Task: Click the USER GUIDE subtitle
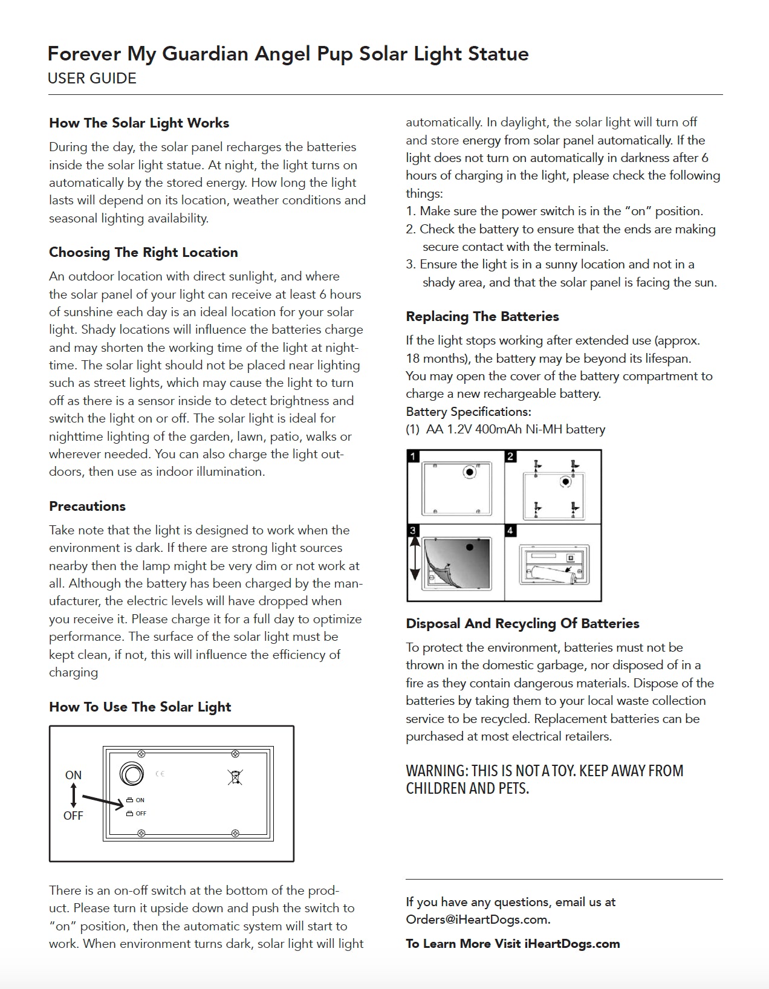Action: click(x=92, y=79)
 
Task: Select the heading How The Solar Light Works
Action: click(x=139, y=123)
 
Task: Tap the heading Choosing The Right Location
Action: click(x=143, y=253)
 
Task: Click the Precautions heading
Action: click(x=87, y=507)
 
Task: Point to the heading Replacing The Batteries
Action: click(x=482, y=317)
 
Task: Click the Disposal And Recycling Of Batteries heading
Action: click(x=522, y=624)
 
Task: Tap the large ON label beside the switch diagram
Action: click(x=73, y=775)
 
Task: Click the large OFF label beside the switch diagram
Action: click(x=73, y=816)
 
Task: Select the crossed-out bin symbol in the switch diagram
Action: click(x=235, y=777)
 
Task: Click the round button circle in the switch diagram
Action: click(x=132, y=774)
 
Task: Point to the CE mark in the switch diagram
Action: click(x=160, y=774)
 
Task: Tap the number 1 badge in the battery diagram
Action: click(x=414, y=456)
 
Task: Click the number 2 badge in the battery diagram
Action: click(x=511, y=456)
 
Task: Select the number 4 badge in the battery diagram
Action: click(x=511, y=531)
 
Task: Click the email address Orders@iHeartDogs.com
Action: click(x=478, y=920)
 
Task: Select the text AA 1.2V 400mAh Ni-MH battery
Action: click(x=515, y=430)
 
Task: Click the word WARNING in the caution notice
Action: click(x=436, y=771)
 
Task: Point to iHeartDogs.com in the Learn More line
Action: click(x=572, y=944)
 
